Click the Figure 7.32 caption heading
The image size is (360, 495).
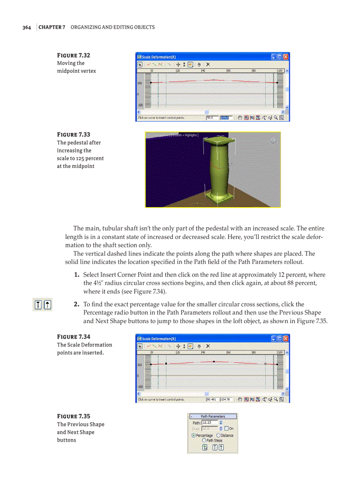click(x=73, y=56)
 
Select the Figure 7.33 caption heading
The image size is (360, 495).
click(x=73, y=134)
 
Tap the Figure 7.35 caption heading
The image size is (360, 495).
click(x=73, y=416)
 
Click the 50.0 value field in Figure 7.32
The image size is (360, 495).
click(x=212, y=118)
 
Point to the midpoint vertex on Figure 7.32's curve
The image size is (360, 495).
click(x=214, y=80)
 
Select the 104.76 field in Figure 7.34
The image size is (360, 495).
click(x=225, y=400)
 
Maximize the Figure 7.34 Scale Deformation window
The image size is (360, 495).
click(x=280, y=339)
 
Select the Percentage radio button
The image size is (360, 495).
click(x=194, y=435)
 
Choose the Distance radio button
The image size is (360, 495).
click(x=218, y=435)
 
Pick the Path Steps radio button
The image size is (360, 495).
click(x=204, y=440)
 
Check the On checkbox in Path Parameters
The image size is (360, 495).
click(x=226, y=428)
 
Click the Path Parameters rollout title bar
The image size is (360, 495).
click(x=213, y=416)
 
